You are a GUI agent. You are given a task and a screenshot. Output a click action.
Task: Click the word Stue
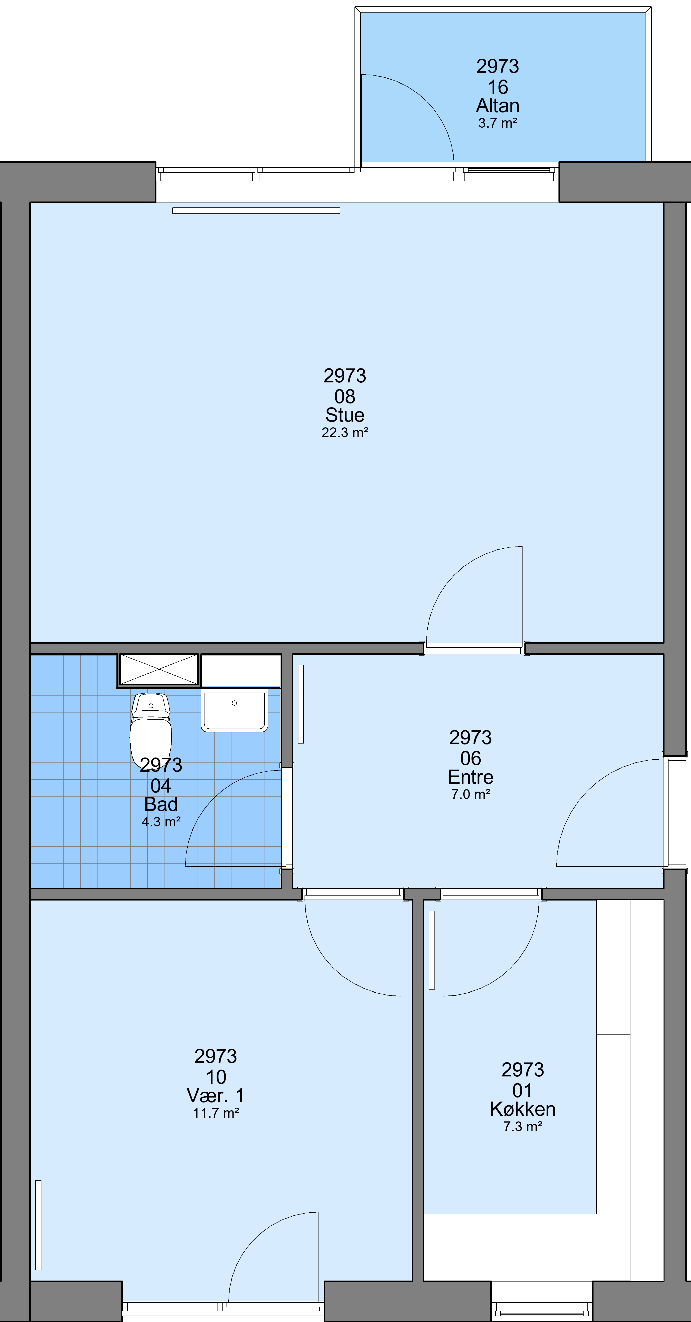point(345,415)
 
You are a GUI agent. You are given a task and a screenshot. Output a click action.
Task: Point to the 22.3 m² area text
point(345,433)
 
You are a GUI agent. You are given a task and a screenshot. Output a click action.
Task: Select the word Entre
point(470,777)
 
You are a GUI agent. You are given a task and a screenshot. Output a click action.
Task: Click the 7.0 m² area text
point(470,794)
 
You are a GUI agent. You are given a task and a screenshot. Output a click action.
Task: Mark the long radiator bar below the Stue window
point(256,211)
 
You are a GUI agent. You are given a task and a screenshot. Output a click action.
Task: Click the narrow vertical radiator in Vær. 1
point(38,1225)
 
